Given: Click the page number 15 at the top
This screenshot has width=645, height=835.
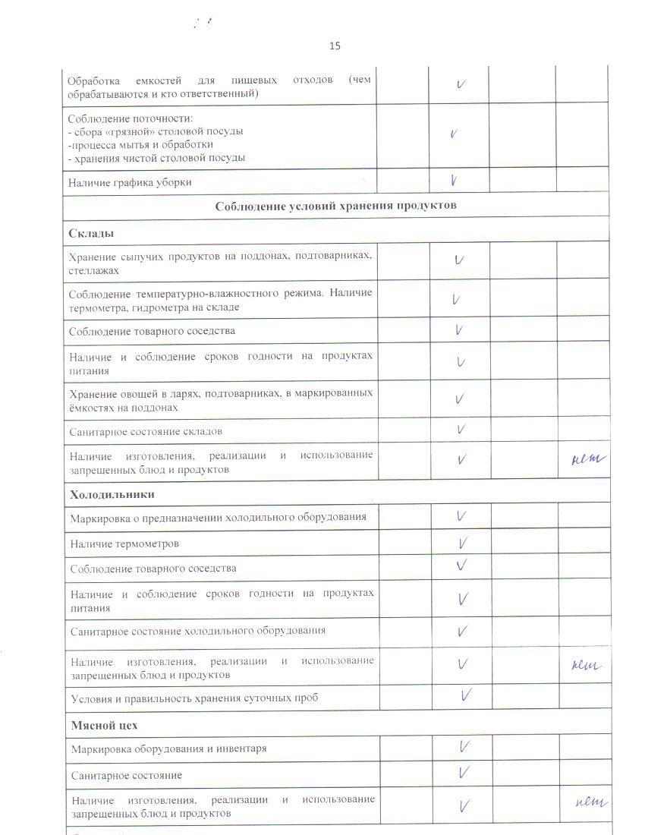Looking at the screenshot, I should (x=335, y=46).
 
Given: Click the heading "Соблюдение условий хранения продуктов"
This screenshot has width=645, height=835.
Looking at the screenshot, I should (x=335, y=206).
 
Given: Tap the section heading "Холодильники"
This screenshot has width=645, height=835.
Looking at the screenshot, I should (x=112, y=494).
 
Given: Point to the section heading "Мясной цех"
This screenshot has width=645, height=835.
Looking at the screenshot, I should (x=105, y=725).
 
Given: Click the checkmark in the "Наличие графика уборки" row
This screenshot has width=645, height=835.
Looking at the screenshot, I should (x=454, y=181).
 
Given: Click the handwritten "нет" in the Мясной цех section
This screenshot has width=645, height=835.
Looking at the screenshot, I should (x=592, y=802).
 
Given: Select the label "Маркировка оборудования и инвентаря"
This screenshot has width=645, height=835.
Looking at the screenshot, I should (x=168, y=748).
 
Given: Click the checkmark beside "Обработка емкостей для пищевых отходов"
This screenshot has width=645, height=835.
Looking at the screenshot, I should (x=461, y=83).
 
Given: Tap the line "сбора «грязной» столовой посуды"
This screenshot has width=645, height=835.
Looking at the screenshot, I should (x=157, y=131).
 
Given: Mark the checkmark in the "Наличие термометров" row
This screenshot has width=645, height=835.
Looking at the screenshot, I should (x=462, y=543).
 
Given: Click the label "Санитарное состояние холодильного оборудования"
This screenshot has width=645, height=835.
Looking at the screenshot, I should (x=198, y=630).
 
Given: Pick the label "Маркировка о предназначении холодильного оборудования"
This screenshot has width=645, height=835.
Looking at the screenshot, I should (x=219, y=518).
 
